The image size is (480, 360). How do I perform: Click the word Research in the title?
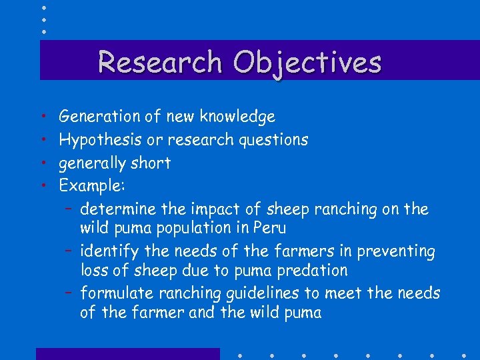click(159, 62)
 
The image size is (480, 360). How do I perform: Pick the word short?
click(151, 163)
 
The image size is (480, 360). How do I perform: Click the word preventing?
click(396, 251)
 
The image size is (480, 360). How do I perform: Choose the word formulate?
click(114, 293)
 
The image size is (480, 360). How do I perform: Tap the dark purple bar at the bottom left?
click(127, 353)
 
